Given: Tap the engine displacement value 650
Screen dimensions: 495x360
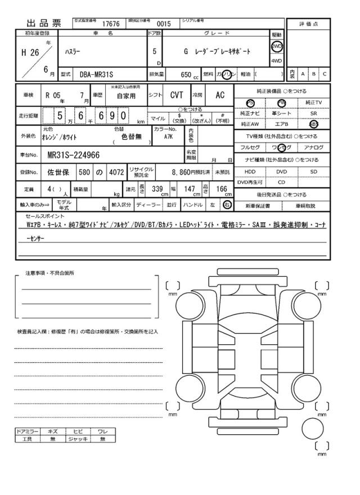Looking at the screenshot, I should (186, 74).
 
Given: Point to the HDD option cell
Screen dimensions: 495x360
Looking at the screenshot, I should (250, 171).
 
